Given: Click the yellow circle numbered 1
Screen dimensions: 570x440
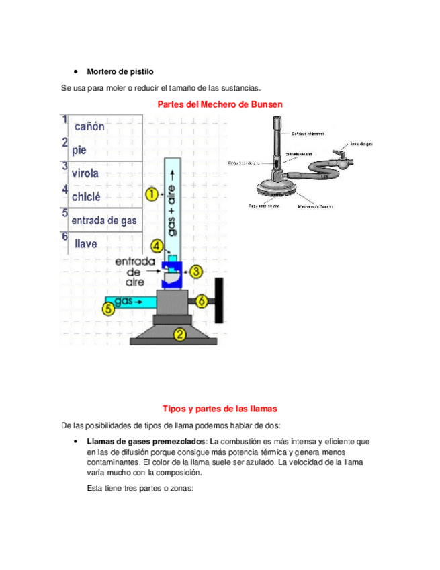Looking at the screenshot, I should pyautogui.click(x=152, y=195).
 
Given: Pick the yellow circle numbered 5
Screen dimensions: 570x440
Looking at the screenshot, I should pyautogui.click(x=108, y=309).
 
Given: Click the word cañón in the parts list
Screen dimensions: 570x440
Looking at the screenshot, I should pyautogui.click(x=89, y=126).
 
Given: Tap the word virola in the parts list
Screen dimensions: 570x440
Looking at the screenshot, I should pyautogui.click(x=85, y=173).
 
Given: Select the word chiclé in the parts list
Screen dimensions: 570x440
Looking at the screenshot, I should pyautogui.click(x=86, y=197).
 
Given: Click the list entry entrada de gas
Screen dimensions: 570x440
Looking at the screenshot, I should pyautogui.click(x=104, y=220).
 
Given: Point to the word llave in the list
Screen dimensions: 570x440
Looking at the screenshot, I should pyautogui.click(x=86, y=244).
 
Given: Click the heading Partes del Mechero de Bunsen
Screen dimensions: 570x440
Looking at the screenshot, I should pyautogui.click(x=220, y=104).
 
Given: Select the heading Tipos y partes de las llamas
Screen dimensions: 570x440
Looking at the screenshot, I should pyautogui.click(x=220, y=408).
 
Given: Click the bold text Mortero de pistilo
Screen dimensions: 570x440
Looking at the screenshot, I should pyautogui.click(x=120, y=71).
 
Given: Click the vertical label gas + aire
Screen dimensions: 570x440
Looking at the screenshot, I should pyautogui.click(x=173, y=209).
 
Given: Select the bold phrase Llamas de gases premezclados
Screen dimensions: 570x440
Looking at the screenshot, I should pyautogui.click(x=146, y=442).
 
